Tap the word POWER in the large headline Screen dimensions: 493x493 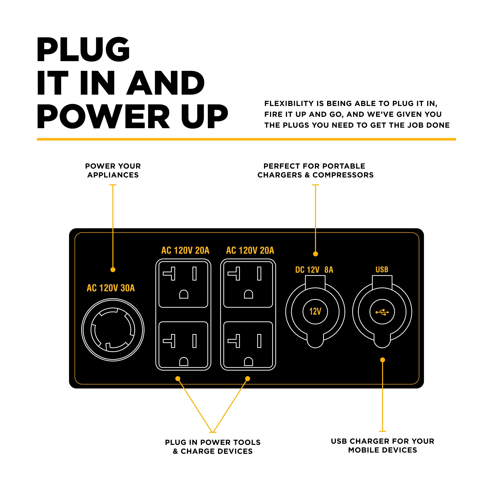(x=103, y=117)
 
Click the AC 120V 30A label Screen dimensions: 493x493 (x=110, y=288)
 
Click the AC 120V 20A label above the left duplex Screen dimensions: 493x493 (x=185, y=250)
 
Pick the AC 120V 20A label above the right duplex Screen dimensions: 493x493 (x=250, y=250)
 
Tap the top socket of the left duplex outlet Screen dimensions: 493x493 (x=183, y=284)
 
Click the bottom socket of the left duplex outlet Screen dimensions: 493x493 (x=183, y=345)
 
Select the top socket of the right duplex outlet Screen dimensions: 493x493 (x=248, y=284)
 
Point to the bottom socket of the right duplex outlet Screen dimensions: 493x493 (x=248, y=345)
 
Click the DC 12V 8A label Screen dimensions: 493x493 (x=314, y=270)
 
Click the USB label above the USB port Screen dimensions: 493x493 (x=382, y=269)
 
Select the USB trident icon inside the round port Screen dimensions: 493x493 (x=382, y=312)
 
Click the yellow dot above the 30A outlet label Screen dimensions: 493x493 (x=113, y=270)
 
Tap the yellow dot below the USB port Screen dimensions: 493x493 (x=382, y=360)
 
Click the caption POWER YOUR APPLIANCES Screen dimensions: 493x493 (x=113, y=171)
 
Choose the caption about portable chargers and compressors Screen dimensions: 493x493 (x=316, y=171)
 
